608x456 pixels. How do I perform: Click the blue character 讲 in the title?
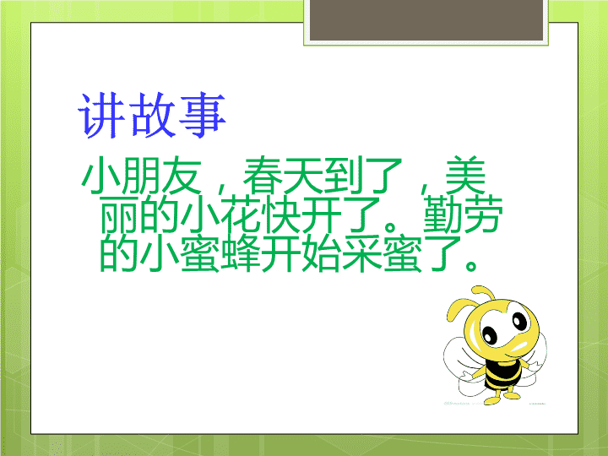(x=101, y=116)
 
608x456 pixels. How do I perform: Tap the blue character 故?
(x=152, y=116)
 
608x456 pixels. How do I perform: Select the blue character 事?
(x=203, y=116)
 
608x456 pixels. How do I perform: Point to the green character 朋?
(x=141, y=176)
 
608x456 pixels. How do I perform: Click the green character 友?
(x=182, y=176)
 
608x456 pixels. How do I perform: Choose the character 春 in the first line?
(x=263, y=176)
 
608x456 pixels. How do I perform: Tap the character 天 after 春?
(x=303, y=176)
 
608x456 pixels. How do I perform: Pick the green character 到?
(x=344, y=176)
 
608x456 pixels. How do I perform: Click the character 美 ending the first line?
(x=465, y=176)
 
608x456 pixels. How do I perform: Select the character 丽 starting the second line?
(x=119, y=214)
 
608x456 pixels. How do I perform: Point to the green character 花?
(x=241, y=214)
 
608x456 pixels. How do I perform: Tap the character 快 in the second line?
(x=280, y=214)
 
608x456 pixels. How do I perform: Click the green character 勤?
(x=442, y=214)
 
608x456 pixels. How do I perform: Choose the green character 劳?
(x=483, y=214)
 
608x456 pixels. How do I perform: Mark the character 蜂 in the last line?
(x=241, y=253)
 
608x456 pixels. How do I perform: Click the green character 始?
(x=321, y=253)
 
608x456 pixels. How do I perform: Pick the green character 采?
(x=361, y=253)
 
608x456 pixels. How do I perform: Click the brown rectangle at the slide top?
(x=426, y=19)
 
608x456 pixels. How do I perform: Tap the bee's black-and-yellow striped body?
(x=503, y=374)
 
